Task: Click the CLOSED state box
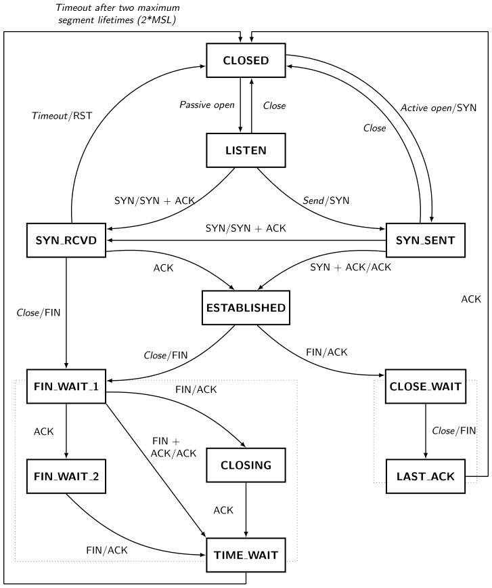(x=246, y=60)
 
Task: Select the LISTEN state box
(x=246, y=150)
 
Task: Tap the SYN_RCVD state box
(x=66, y=240)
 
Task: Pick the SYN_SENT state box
(x=426, y=240)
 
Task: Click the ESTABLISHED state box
(x=246, y=308)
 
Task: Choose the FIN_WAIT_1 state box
(x=66, y=387)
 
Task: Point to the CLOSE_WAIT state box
(x=426, y=387)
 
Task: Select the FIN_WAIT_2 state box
(x=66, y=477)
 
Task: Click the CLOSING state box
(x=246, y=465)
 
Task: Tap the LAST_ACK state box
(x=426, y=477)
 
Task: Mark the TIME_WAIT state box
(x=246, y=555)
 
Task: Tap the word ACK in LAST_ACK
(x=443, y=477)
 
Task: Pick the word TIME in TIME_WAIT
(x=227, y=555)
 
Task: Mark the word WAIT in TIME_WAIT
(x=263, y=555)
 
